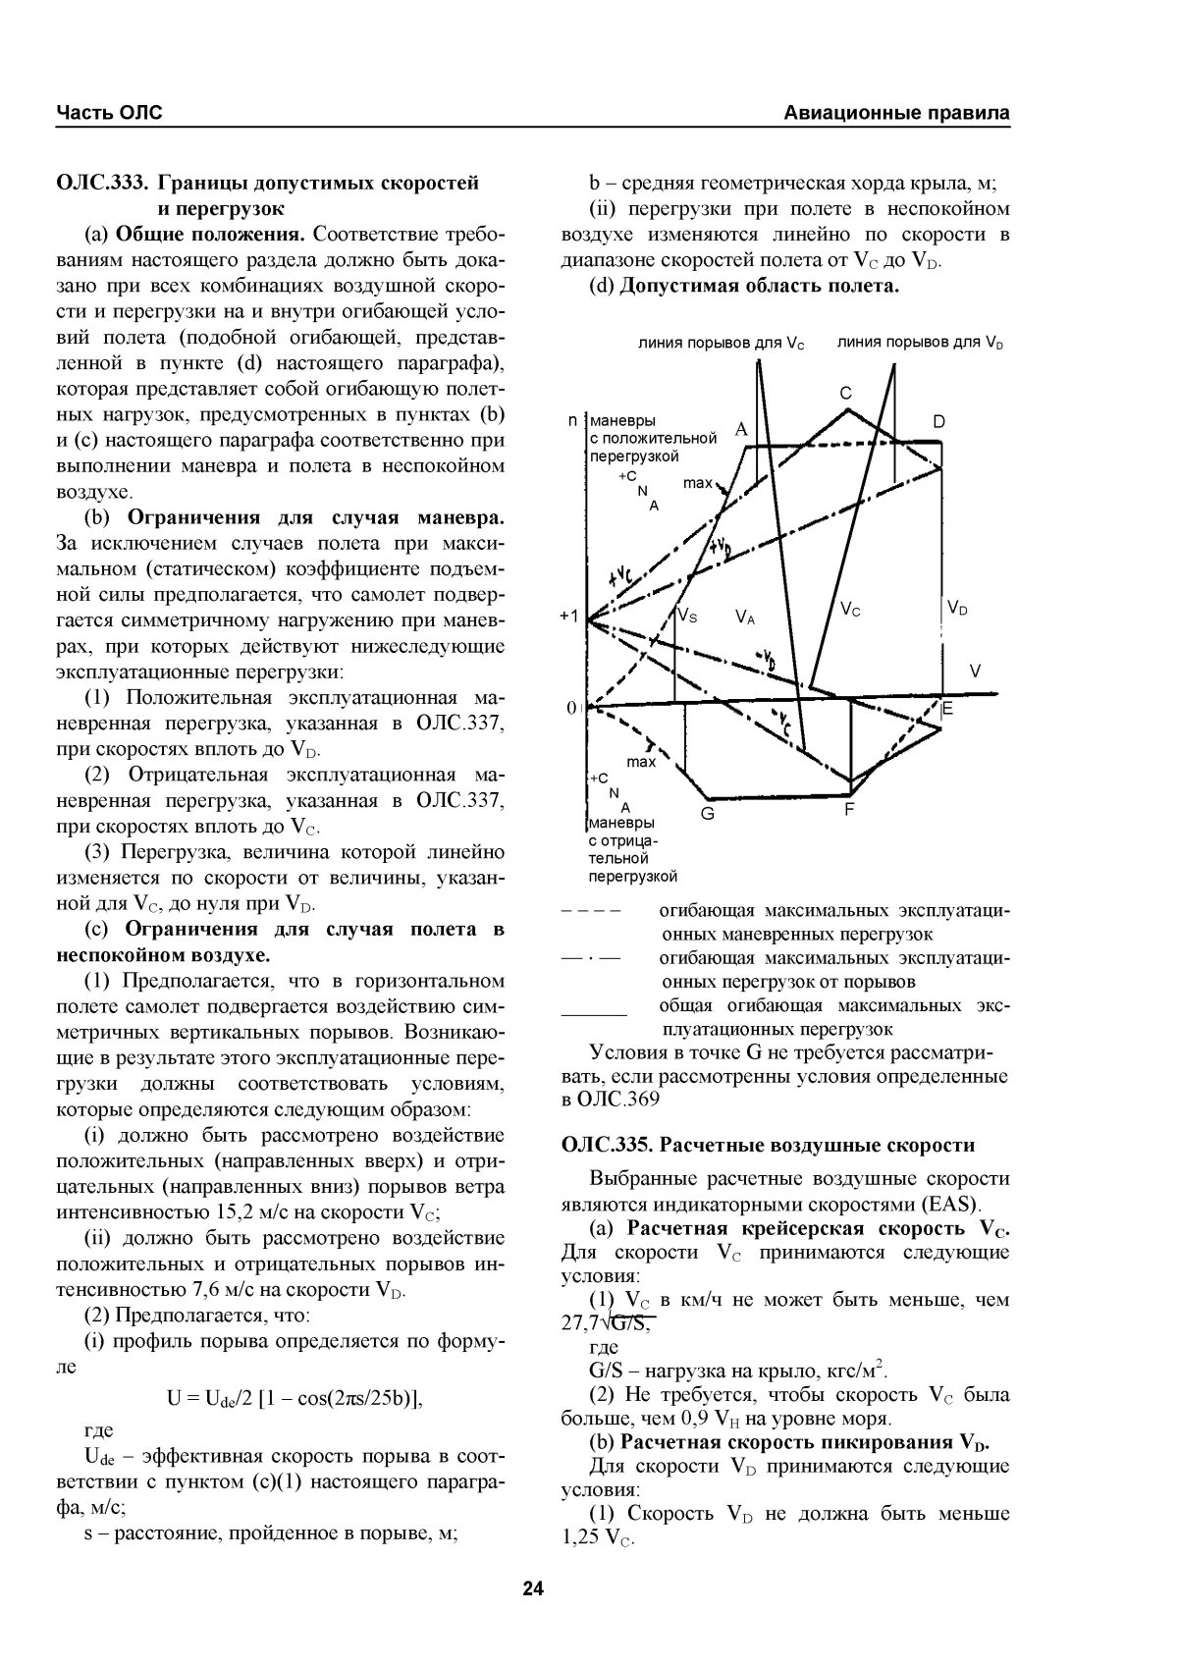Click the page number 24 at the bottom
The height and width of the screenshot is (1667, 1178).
click(x=533, y=1588)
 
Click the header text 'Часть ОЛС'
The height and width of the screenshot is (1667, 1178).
click(x=109, y=113)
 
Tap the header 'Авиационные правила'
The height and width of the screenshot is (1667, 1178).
click(x=897, y=113)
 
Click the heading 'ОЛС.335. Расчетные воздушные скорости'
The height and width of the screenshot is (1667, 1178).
click(x=769, y=1145)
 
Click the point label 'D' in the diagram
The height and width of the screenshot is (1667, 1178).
click(x=938, y=422)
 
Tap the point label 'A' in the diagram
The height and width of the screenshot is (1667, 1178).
click(x=741, y=429)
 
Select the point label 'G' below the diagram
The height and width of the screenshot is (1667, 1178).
click(x=707, y=814)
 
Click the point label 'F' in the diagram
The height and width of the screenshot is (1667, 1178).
click(x=849, y=809)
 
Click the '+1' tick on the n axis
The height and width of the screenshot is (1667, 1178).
click(x=568, y=617)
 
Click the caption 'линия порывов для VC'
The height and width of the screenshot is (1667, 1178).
click(x=721, y=345)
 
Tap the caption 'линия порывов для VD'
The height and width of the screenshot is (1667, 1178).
click(x=921, y=343)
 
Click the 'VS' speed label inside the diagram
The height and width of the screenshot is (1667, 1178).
click(x=687, y=616)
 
